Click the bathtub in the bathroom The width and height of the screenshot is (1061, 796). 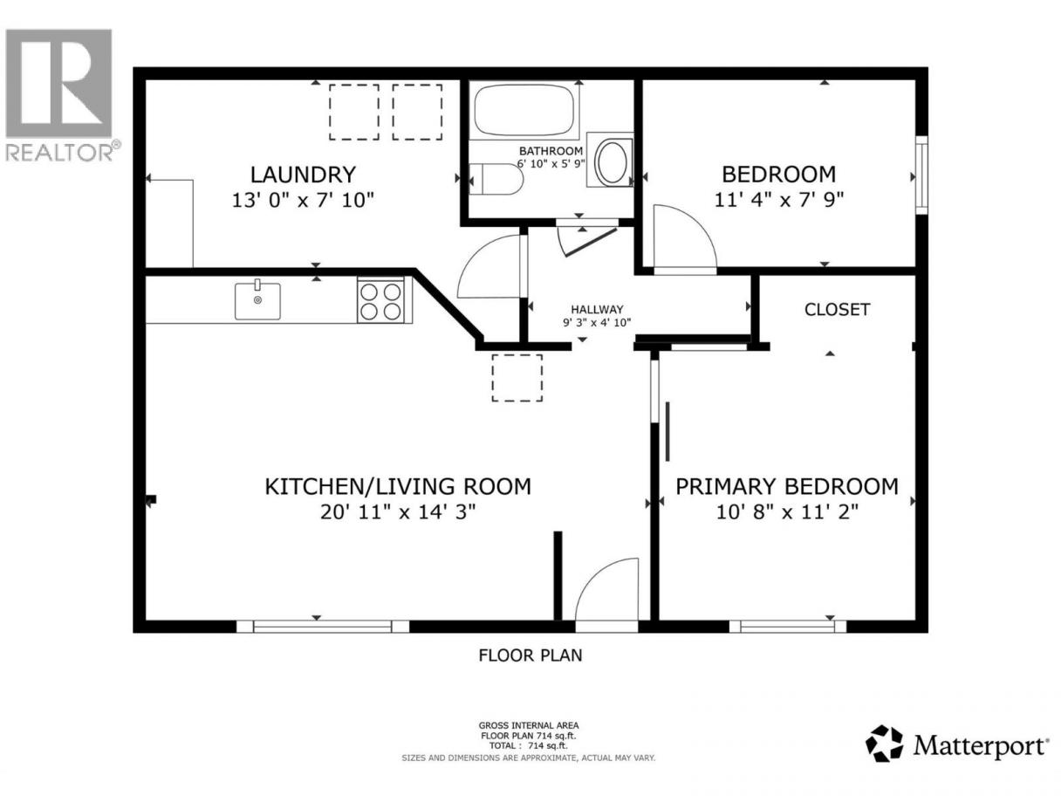(524, 110)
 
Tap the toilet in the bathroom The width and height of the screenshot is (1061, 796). (496, 179)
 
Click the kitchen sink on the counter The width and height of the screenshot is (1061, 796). (257, 300)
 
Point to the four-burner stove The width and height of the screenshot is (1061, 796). (381, 300)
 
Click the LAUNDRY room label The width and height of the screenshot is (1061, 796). (303, 175)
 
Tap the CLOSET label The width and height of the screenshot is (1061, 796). (837, 309)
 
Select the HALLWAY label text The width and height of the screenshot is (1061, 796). (597, 309)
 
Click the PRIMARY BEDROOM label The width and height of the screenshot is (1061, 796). (786, 487)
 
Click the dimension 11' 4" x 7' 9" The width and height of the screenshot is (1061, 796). (778, 199)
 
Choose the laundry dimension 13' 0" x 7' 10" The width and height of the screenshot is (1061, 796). (303, 200)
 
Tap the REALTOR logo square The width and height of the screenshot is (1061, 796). (58, 83)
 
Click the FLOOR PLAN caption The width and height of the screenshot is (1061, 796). (530, 655)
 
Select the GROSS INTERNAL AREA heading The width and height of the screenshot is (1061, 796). (529, 725)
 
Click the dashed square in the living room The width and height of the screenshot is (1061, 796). (517, 378)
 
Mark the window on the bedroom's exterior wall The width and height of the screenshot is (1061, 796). (921, 175)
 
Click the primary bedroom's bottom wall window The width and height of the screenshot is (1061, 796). (787, 627)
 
